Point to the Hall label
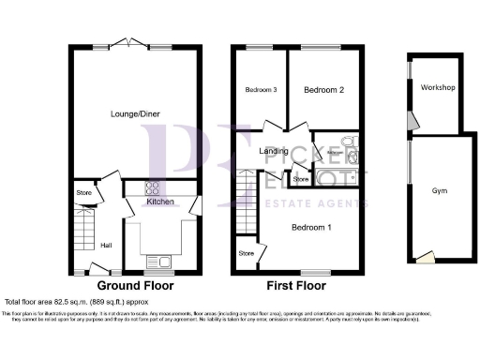point(107,245)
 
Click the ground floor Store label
point(83,195)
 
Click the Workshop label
point(437,88)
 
